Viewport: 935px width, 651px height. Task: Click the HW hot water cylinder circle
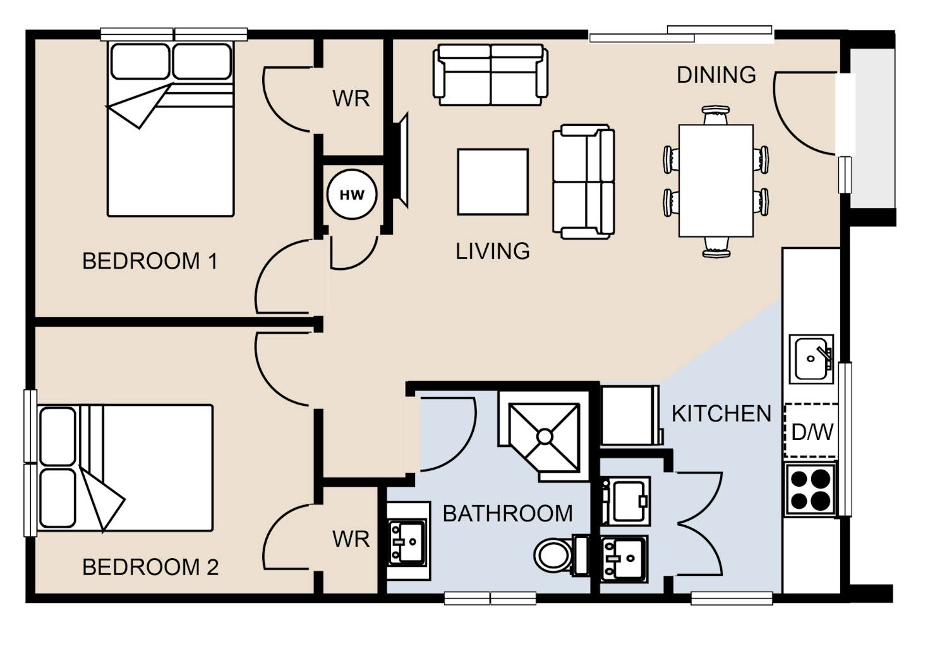coord(352,194)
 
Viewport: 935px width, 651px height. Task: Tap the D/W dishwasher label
coord(812,432)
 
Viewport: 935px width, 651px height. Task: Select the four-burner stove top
coord(811,489)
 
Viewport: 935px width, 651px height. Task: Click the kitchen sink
coord(811,359)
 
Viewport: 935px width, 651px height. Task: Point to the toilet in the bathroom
coord(562,556)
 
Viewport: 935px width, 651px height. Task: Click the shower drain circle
coord(545,436)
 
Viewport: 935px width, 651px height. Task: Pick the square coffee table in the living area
coord(493,182)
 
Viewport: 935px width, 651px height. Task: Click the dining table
coord(716,180)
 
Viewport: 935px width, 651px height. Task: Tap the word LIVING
coord(493,252)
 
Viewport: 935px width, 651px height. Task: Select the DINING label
coord(716,75)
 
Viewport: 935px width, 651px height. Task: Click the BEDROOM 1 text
coord(150,262)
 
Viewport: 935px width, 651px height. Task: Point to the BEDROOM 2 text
coord(151,567)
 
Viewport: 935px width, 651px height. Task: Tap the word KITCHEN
coord(721,414)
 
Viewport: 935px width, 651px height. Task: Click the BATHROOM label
coord(507,514)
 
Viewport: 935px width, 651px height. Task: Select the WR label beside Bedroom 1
coord(351,99)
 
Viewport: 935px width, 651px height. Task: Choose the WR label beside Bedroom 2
coord(351,540)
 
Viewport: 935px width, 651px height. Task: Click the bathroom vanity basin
coord(407,542)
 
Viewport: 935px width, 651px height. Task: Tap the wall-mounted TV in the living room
coord(401,161)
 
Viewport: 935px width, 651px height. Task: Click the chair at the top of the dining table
coord(716,115)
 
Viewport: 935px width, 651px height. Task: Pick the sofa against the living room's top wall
coord(490,75)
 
